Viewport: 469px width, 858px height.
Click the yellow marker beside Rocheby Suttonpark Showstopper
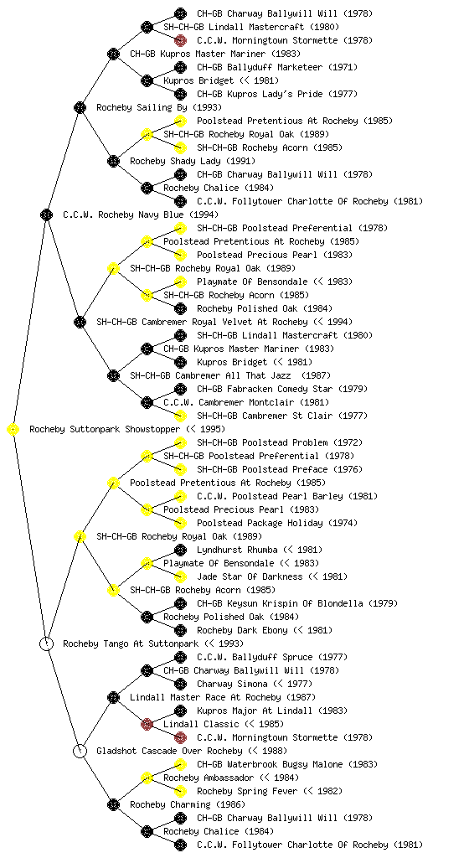coord(13,430)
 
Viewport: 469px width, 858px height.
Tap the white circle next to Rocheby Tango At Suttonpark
coord(47,644)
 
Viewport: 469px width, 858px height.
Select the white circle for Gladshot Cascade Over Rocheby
coord(80,752)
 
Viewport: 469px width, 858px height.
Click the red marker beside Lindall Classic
coord(147,725)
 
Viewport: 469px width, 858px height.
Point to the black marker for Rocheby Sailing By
coord(80,108)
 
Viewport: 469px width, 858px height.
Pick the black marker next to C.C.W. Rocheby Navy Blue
coord(47,215)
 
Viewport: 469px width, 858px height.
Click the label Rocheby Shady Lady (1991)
coord(193,162)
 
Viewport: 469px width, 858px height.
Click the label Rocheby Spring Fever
coord(247,791)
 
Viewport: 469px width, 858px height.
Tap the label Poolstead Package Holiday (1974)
coord(277,523)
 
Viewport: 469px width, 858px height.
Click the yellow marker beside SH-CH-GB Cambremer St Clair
coord(180,416)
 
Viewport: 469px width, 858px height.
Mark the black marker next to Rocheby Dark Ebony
coord(180,630)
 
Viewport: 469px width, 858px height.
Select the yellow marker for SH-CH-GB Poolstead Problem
coord(180,442)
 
